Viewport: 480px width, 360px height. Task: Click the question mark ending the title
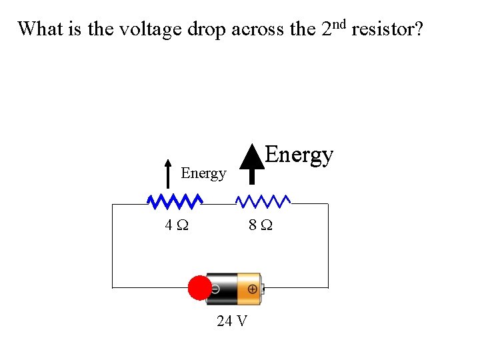(x=418, y=29)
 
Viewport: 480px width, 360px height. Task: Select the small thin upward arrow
(x=167, y=175)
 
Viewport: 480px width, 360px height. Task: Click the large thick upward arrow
(x=251, y=163)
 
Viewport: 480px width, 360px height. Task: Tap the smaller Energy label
(x=203, y=173)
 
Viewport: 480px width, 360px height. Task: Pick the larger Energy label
(x=299, y=155)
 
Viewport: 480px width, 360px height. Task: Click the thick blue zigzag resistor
(x=175, y=201)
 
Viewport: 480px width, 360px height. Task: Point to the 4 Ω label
(x=177, y=225)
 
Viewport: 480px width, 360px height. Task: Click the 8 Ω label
(x=260, y=225)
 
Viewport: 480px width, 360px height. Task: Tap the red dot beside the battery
(x=199, y=288)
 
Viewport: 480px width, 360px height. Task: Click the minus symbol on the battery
(x=216, y=289)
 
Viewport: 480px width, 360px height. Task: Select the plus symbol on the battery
(x=252, y=289)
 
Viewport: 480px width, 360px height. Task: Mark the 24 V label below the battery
(x=232, y=321)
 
